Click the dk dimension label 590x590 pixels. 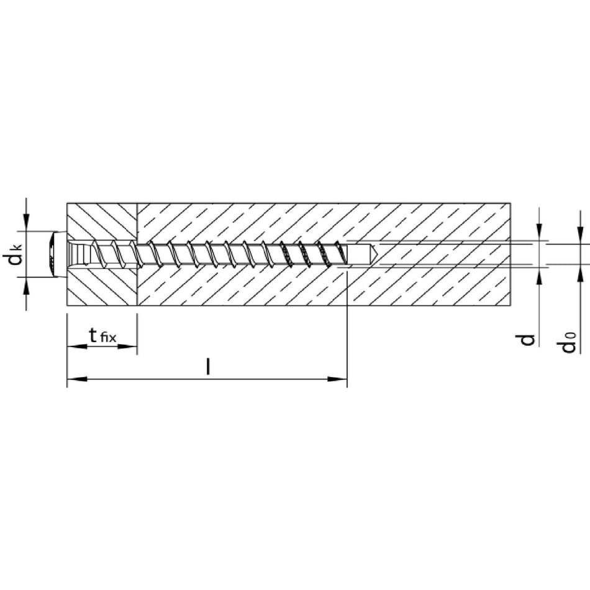click(16, 255)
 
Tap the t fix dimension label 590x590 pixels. click(102, 335)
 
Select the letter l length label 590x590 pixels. click(207, 366)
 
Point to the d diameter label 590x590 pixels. click(529, 339)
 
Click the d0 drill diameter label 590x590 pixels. click(569, 342)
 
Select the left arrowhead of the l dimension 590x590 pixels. click(77, 379)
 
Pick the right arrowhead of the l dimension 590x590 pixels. click(337, 379)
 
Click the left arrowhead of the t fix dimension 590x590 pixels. click(77, 346)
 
